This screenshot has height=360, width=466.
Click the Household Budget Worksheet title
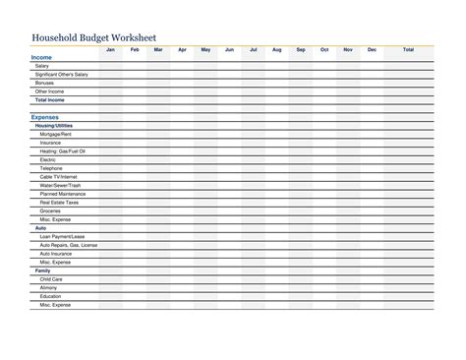point(94,38)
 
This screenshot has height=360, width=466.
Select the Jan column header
point(110,49)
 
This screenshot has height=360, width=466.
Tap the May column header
point(205,49)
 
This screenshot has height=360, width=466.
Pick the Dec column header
point(372,49)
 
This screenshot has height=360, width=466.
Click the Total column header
point(408,49)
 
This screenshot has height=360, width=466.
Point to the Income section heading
point(42,58)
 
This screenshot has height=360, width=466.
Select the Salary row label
point(42,66)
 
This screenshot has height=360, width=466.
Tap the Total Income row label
point(51,99)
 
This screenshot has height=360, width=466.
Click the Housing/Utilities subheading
point(53,125)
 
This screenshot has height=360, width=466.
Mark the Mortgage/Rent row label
point(56,134)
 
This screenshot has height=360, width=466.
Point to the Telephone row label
point(51,168)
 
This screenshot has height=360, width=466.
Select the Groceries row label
point(50,210)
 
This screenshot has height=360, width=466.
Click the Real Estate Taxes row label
point(58,202)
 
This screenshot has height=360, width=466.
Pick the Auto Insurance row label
point(56,253)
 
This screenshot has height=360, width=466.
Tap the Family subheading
point(42,270)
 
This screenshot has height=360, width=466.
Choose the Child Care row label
point(50,278)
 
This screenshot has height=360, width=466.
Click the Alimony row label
point(48,287)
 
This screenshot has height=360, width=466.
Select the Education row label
point(50,295)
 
